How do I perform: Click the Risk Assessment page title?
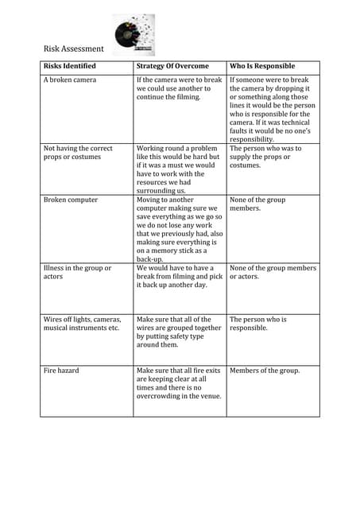click(73, 49)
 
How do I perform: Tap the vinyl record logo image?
click(134, 34)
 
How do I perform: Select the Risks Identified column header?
click(70, 66)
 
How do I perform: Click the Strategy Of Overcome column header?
click(172, 66)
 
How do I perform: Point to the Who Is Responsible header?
click(261, 66)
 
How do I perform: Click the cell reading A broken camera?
click(70, 80)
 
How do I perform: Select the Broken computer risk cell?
click(71, 200)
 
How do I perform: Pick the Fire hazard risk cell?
click(61, 371)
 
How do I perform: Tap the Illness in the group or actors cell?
click(77, 273)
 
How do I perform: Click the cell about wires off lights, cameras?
click(83, 324)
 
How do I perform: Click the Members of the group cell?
click(265, 371)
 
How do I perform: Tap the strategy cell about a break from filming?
click(179, 277)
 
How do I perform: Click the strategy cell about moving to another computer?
click(180, 230)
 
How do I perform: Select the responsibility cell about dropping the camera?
click(273, 110)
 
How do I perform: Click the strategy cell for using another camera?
click(179, 88)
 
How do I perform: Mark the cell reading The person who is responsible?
click(259, 324)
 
